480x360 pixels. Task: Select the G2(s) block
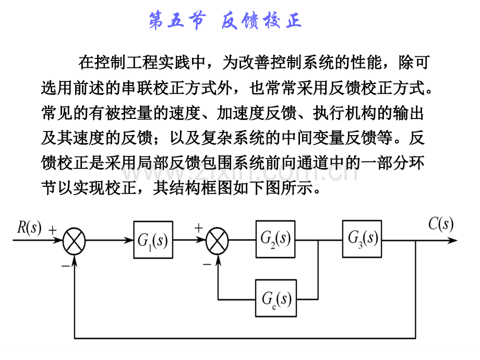(275, 239)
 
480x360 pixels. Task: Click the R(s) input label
(29, 228)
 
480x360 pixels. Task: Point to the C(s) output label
(441, 224)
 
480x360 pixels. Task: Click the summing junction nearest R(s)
(74, 241)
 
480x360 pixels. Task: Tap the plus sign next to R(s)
(53, 230)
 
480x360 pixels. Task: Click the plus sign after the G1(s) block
(198, 228)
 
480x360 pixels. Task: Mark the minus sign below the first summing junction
(65, 265)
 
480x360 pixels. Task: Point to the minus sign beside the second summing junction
(207, 264)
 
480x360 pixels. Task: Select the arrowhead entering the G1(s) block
(130, 241)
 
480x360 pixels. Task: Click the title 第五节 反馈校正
(225, 22)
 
